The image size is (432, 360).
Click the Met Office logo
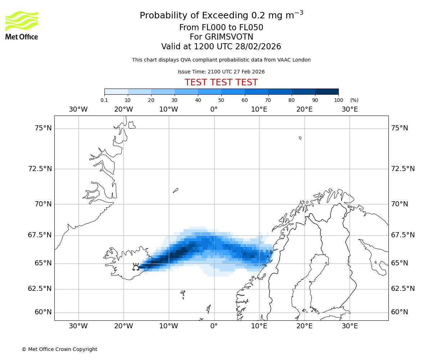pyautogui.click(x=22, y=25)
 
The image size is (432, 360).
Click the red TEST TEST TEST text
pyautogui.click(x=221, y=82)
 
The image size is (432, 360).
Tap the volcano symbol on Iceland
pyautogui.click(x=136, y=267)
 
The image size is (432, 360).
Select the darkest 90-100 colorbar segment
pyautogui.click(x=327, y=91)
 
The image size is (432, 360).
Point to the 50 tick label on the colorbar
pyautogui.click(x=221, y=100)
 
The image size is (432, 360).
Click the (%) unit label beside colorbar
pyautogui.click(x=354, y=100)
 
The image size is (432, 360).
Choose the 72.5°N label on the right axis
pyautogui.click(x=403, y=168)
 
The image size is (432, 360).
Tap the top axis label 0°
pyautogui.click(x=214, y=109)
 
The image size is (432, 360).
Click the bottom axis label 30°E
pyautogui.click(x=350, y=326)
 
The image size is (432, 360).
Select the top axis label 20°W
pyautogui.click(x=123, y=109)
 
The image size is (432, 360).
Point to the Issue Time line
pyautogui.click(x=221, y=72)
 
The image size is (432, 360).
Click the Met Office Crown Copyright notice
pyautogui.click(x=59, y=349)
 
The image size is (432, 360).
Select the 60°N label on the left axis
pyautogui.click(x=43, y=312)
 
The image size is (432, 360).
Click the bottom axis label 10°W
pyautogui.click(x=168, y=326)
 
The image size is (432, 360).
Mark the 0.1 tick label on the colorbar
pyautogui.click(x=104, y=100)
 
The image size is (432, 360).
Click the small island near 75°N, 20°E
pyautogui.click(x=300, y=138)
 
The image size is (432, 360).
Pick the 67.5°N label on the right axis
pyautogui.click(x=403, y=235)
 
